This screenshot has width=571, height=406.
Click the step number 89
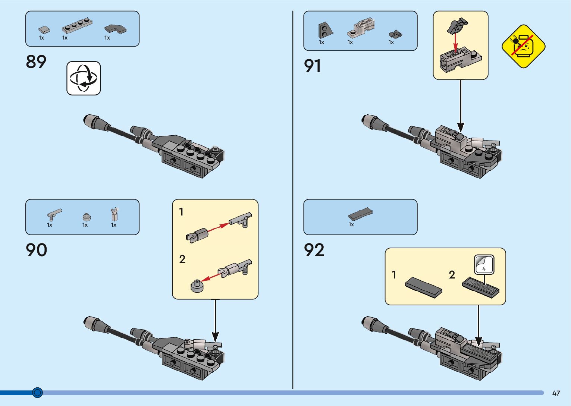pyautogui.click(x=36, y=62)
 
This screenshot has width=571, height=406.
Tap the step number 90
pyautogui.click(x=37, y=250)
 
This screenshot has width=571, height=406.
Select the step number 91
pyautogui.click(x=313, y=66)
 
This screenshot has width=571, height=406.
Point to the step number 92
pyautogui.click(x=314, y=250)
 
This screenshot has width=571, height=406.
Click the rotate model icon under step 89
pyautogui.click(x=84, y=78)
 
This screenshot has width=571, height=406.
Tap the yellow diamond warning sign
pyautogui.click(x=523, y=46)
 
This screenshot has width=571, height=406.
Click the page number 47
pyautogui.click(x=556, y=393)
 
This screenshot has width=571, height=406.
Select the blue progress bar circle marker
pyautogui.click(x=37, y=393)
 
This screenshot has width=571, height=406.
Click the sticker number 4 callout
pyautogui.click(x=484, y=265)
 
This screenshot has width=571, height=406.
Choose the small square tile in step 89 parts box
pyautogui.click(x=44, y=29)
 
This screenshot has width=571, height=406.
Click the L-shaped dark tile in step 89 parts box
pyautogui.click(x=115, y=29)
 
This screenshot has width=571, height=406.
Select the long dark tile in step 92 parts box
pyautogui.click(x=360, y=213)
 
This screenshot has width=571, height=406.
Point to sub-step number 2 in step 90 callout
pyautogui.click(x=182, y=259)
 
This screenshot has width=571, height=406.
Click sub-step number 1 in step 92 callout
pyautogui.click(x=393, y=275)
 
